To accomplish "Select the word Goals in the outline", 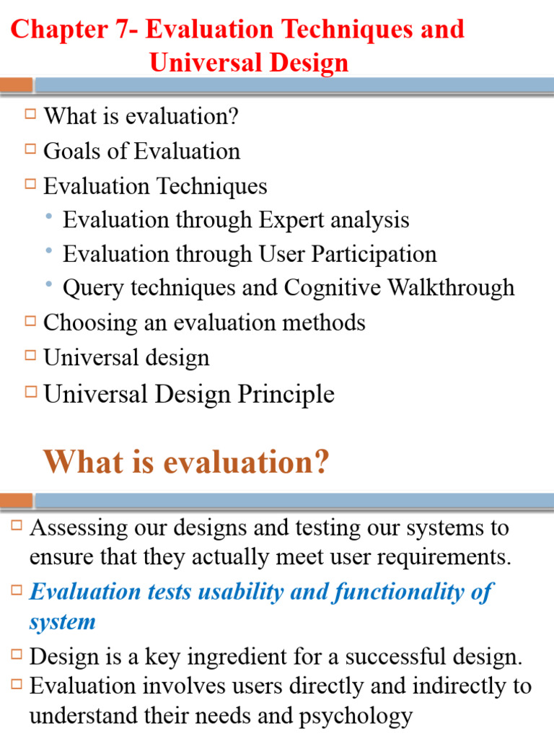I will pyautogui.click(x=71, y=151).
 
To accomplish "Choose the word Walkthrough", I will pyautogui.click(x=451, y=287).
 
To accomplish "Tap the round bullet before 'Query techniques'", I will pyautogui.click(x=48, y=285).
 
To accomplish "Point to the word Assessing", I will pyautogui.click(x=79, y=528).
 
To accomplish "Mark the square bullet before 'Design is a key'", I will pyautogui.click(x=17, y=655).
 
